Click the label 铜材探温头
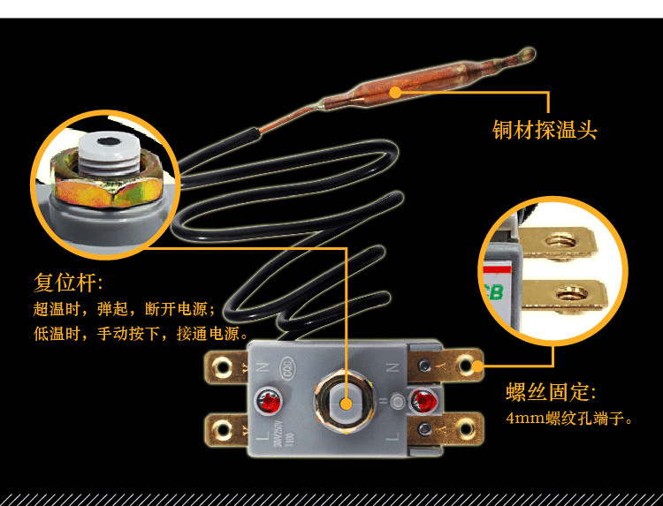(x=545, y=130)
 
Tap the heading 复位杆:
(x=68, y=283)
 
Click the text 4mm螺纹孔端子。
(x=570, y=419)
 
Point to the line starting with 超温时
(x=124, y=309)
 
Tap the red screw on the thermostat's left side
(x=265, y=403)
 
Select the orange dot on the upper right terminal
(x=476, y=365)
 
